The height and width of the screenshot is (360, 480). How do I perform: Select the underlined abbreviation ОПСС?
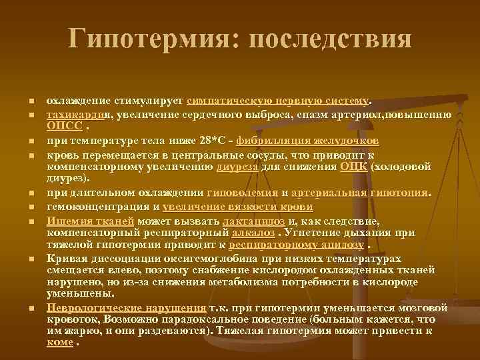pyautogui.click(x=65, y=125)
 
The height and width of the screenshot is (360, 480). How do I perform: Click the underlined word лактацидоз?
pyautogui.click(x=254, y=221)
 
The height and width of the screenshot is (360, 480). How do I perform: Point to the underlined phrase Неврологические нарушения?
pyautogui.click(x=126, y=307)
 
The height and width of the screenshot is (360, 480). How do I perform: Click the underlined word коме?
pyautogui.click(x=60, y=343)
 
